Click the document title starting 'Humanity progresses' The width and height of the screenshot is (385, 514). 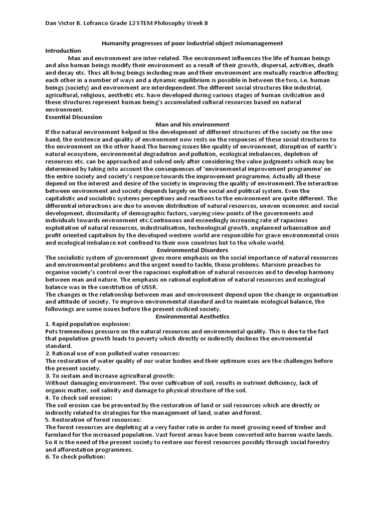tap(192, 44)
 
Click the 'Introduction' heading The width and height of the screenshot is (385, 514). tap(63, 51)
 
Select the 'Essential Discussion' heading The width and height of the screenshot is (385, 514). tap(73, 117)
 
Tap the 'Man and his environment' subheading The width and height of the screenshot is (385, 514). tap(192, 124)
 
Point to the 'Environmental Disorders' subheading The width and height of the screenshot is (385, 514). tap(192, 249)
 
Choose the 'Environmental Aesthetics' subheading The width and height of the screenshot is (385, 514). tap(192, 317)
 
